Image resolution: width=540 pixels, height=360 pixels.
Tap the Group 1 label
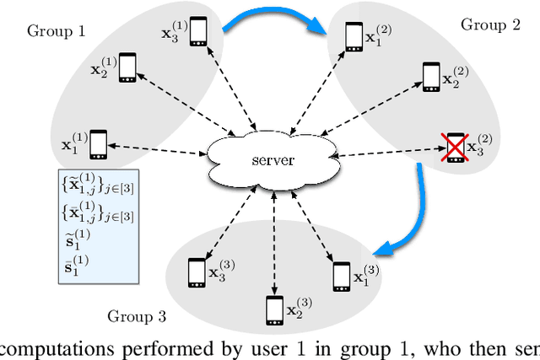point(57,31)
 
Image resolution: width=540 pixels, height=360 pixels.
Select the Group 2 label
point(490,24)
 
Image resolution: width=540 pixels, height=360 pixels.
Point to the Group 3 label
point(136,316)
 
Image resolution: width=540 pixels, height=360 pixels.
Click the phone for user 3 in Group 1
point(198,31)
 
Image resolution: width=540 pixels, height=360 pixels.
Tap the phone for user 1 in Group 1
point(99,143)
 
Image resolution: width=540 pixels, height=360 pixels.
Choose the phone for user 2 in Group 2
point(431,76)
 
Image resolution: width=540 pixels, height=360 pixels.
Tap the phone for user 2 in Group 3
point(273,309)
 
